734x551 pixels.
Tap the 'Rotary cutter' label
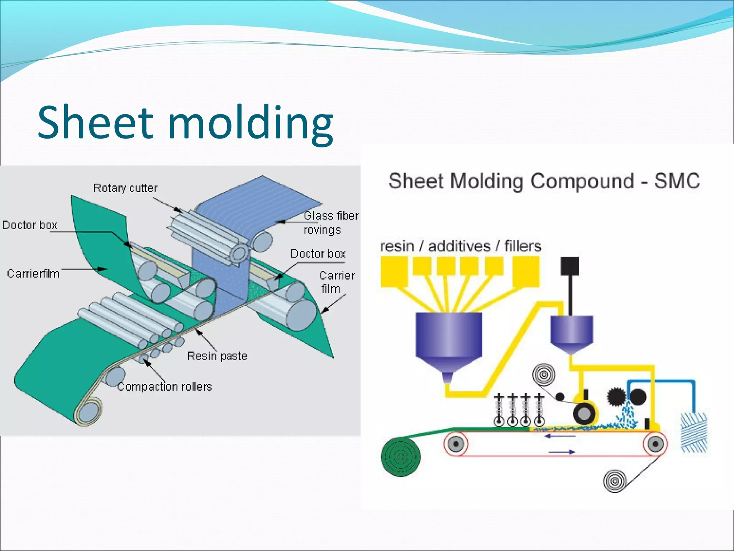point(125,188)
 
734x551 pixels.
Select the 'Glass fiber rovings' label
point(330,222)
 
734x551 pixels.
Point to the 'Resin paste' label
point(217,356)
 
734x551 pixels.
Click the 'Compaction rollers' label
point(165,386)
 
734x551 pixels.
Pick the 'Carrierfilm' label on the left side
point(33,273)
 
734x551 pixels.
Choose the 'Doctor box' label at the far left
point(30,225)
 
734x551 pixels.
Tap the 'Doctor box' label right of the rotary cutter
point(318,254)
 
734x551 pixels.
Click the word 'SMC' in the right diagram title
point(677,181)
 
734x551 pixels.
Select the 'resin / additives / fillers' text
point(461,246)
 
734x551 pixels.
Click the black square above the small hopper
point(569,266)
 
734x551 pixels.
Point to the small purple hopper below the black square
point(571,332)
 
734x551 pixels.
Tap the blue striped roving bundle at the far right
point(694,432)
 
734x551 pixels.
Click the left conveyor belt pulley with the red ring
point(456,444)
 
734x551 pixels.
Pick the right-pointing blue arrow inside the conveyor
point(561,452)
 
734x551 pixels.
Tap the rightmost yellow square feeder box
point(525,272)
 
